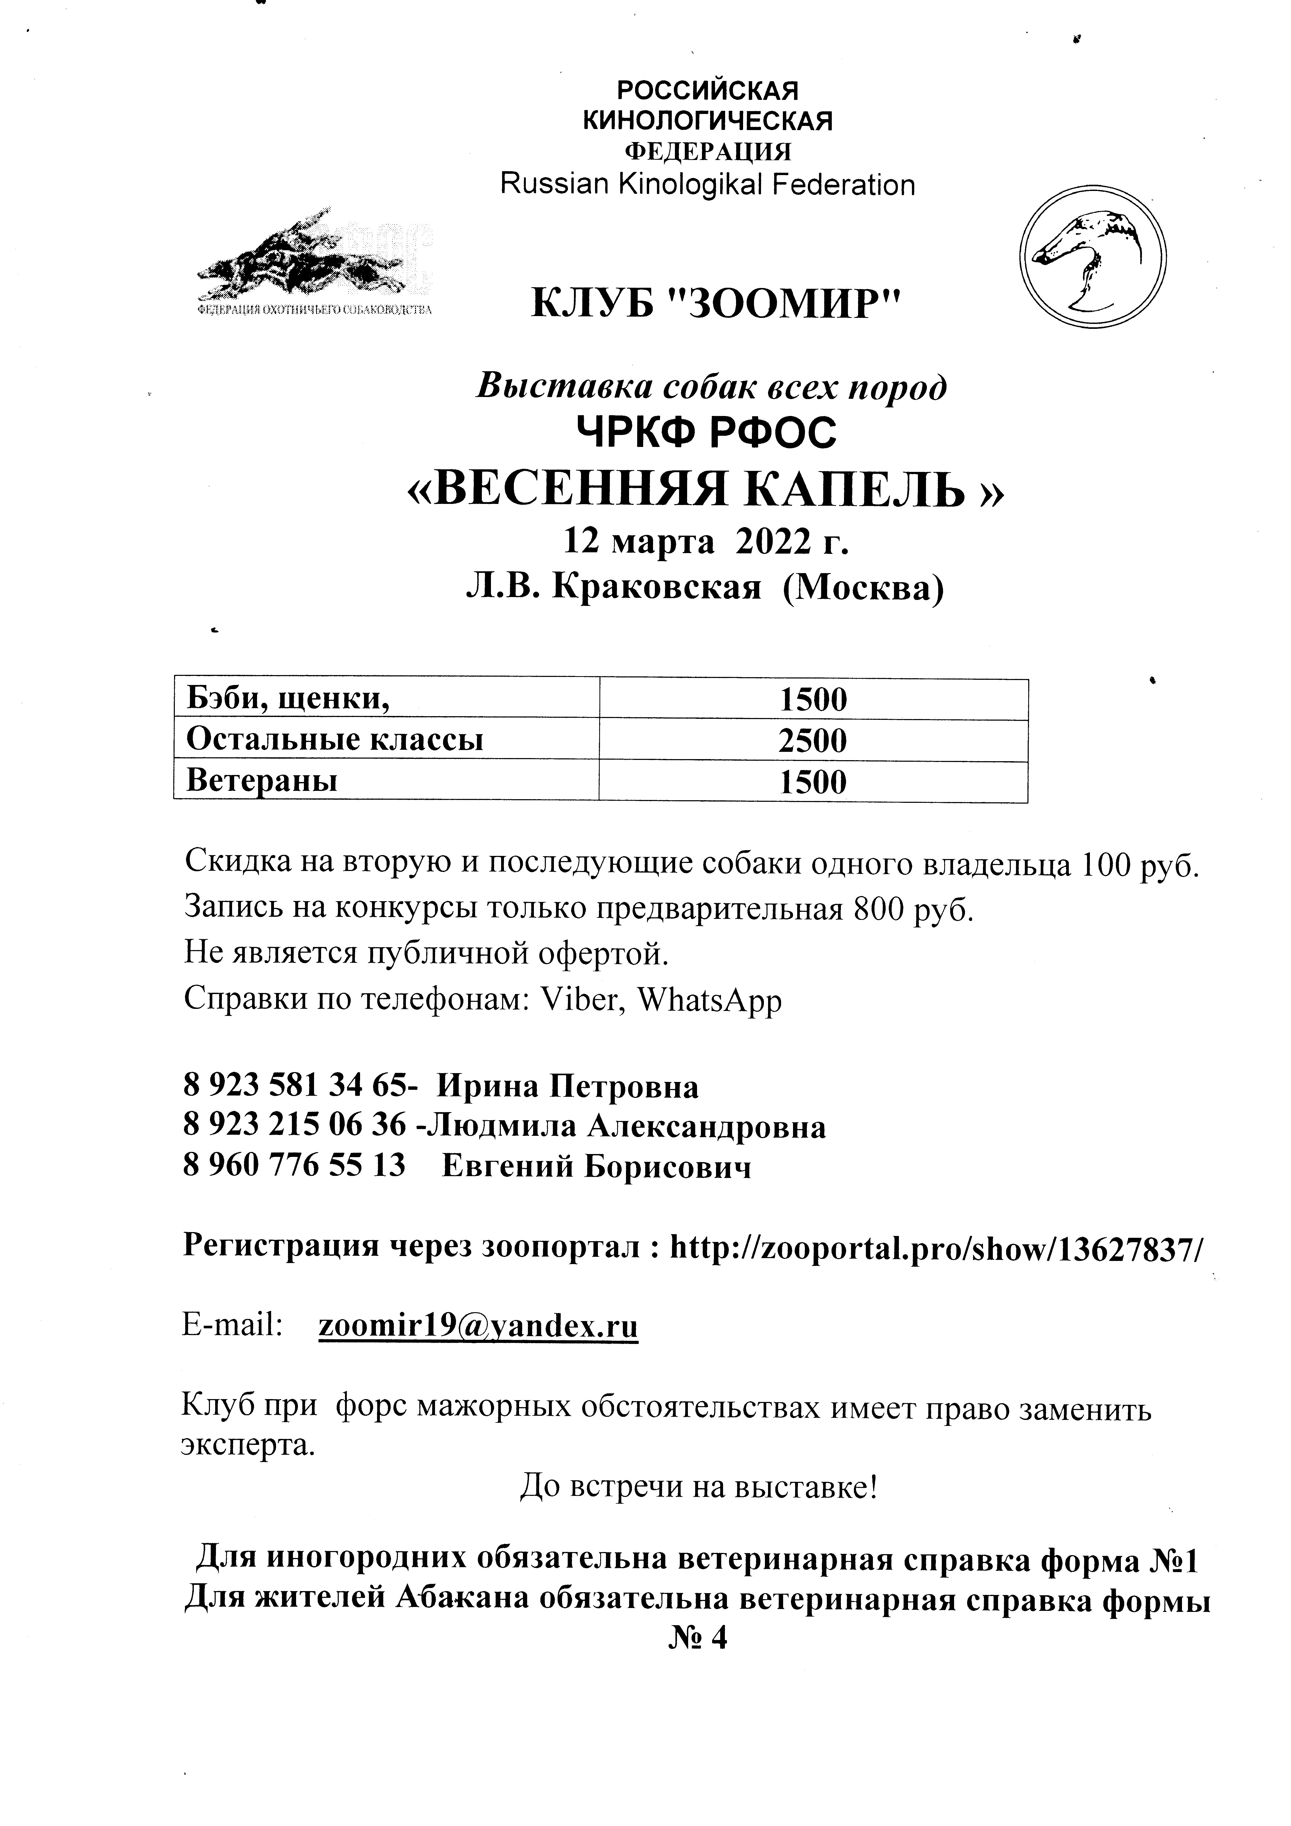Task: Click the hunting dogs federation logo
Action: pos(315,262)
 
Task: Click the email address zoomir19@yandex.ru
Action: pos(478,1326)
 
